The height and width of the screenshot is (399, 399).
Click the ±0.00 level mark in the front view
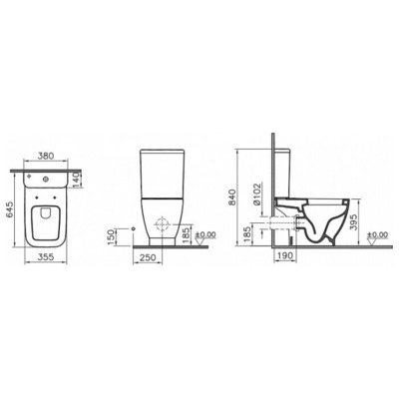pyautogui.click(x=204, y=234)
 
